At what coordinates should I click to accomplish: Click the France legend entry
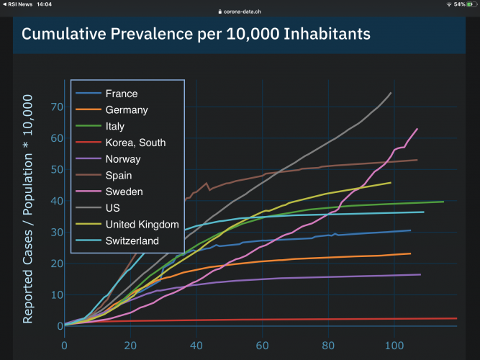121,94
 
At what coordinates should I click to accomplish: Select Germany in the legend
126,110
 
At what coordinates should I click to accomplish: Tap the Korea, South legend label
135,143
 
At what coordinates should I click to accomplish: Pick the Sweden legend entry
124,192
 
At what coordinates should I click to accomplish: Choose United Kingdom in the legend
142,225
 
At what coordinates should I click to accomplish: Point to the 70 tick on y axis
56,107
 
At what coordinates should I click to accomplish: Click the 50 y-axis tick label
56,170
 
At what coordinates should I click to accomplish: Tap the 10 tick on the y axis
56,295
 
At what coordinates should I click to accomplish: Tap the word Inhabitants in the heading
327,35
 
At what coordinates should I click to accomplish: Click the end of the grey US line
391,93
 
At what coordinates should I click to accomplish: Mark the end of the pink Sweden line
417,129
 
